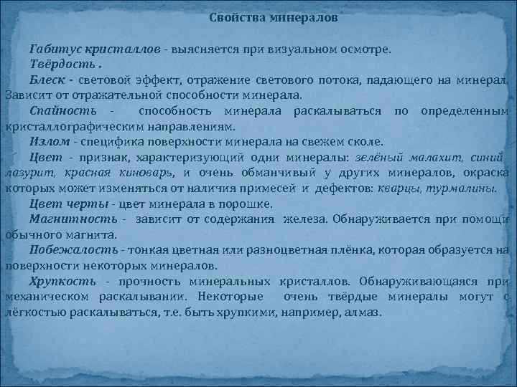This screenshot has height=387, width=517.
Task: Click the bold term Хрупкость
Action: pyautogui.click(x=64, y=281)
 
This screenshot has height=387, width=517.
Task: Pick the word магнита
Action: pyautogui.click(x=92, y=234)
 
